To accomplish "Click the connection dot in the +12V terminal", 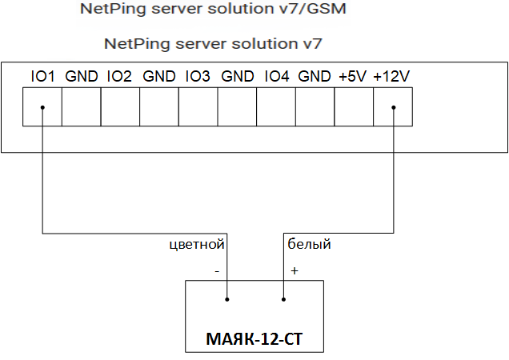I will coord(393,109).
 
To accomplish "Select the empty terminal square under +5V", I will coord(354,106).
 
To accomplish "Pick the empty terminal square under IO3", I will coord(198,106).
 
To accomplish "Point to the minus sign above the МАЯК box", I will coord(217,271).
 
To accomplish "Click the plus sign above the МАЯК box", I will coord(294,271).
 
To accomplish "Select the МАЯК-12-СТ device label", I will coord(255,338).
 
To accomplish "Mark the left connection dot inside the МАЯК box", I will coord(228,300).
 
